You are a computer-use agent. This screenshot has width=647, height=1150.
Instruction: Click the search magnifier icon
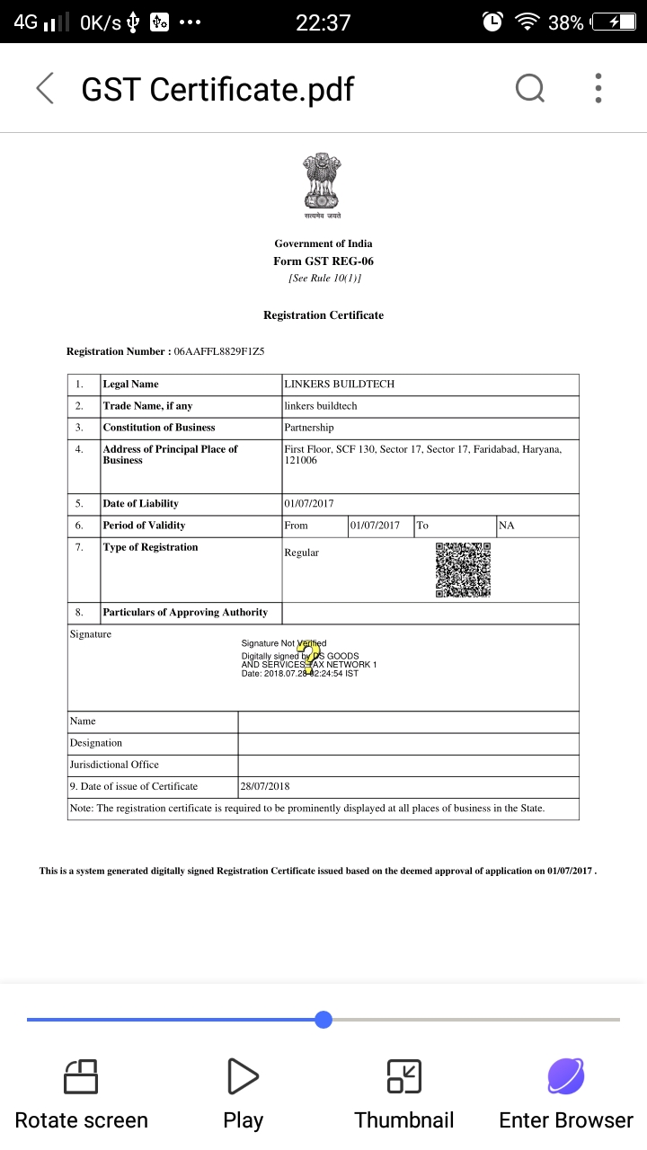click(x=529, y=88)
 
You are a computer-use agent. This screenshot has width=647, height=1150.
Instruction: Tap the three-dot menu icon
click(x=598, y=88)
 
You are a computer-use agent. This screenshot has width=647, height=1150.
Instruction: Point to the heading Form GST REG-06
click(x=323, y=261)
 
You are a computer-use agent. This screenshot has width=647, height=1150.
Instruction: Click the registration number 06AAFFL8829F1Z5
click(x=219, y=351)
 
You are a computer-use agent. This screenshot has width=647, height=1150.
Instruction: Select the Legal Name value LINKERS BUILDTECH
click(x=339, y=385)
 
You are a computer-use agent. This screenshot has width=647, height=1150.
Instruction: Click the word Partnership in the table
click(x=308, y=428)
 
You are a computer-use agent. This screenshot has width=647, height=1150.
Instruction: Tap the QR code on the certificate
click(x=463, y=570)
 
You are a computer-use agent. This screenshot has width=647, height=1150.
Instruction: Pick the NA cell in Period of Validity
click(x=507, y=526)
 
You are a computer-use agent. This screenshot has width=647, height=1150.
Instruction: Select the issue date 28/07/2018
click(x=265, y=787)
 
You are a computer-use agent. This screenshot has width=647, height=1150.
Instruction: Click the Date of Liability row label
click(x=140, y=504)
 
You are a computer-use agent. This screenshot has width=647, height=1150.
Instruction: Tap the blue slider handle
click(x=323, y=1020)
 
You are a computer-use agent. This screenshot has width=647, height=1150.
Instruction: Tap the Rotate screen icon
click(x=81, y=1076)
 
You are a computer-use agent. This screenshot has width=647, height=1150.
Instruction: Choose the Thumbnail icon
click(x=404, y=1076)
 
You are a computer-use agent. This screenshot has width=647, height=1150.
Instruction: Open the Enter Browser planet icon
click(x=566, y=1076)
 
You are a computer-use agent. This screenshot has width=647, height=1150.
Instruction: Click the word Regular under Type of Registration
click(x=301, y=553)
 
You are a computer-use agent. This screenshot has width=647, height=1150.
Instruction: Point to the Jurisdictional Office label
click(x=114, y=765)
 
